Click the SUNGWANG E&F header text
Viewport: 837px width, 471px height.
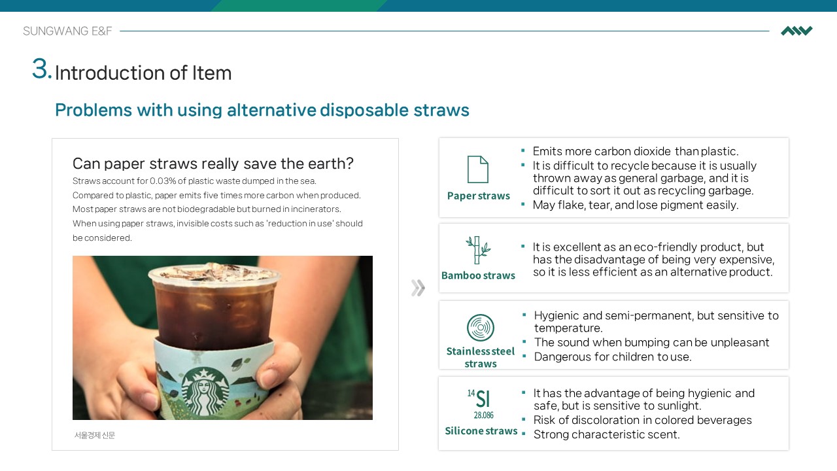pos(67,31)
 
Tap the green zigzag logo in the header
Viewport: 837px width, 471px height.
pos(796,31)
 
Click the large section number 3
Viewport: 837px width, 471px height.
pos(41,69)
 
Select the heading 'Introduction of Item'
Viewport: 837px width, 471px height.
pos(143,73)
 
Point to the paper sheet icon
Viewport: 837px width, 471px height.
pos(478,169)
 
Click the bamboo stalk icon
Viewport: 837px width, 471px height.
pos(478,250)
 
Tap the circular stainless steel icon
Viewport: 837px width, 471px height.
pos(481,328)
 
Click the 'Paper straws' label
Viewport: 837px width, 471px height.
pos(478,196)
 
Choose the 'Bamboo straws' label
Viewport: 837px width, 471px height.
pos(478,275)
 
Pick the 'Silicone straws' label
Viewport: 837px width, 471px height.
pos(481,431)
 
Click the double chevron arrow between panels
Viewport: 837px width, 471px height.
pos(418,288)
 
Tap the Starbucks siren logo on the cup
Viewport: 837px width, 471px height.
pos(205,391)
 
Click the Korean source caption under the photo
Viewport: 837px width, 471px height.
pos(95,435)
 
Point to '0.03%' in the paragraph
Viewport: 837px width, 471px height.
pos(163,181)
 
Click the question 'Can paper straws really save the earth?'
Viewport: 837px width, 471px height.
pos(213,164)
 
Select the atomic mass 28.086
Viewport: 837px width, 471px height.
pos(483,415)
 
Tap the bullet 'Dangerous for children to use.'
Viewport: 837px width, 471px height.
pos(613,357)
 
